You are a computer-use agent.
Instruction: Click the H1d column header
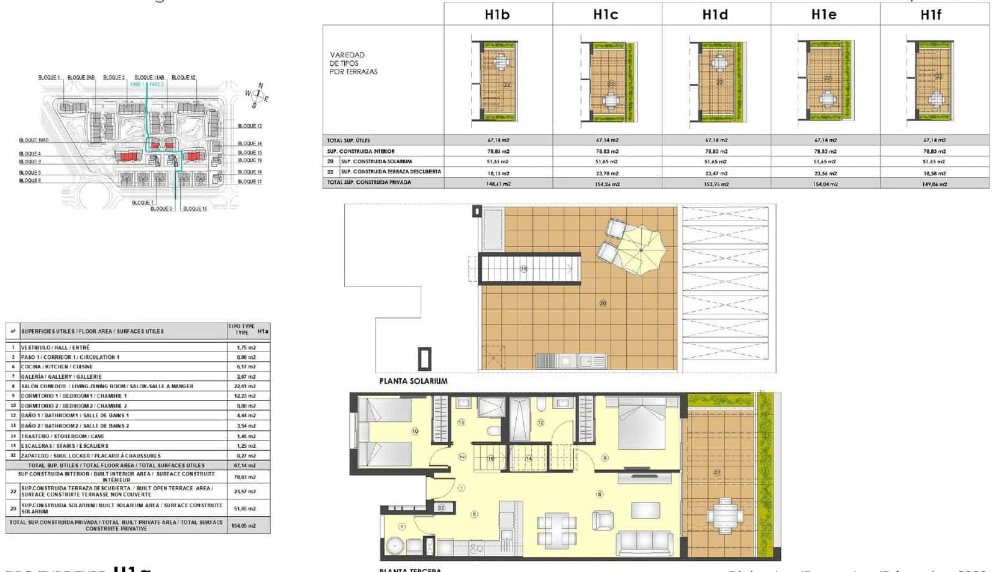point(715,14)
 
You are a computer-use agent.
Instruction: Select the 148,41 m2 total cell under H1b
point(498,184)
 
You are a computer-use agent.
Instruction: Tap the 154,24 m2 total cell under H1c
point(607,184)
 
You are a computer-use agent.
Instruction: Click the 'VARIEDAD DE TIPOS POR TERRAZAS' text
point(353,63)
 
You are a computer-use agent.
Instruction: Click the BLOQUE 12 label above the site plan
point(183,78)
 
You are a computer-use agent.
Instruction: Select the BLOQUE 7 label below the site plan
point(142,202)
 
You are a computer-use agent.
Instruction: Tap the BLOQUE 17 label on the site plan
point(250,181)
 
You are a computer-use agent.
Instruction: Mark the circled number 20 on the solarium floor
point(603,303)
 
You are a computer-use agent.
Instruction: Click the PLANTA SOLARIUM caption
point(413,381)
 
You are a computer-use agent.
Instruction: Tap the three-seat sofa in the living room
point(644,543)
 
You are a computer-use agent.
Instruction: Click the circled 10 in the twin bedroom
point(415,431)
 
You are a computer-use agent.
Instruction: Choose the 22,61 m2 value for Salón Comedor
point(248,386)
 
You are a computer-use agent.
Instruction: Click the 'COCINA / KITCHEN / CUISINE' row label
point(57,366)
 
